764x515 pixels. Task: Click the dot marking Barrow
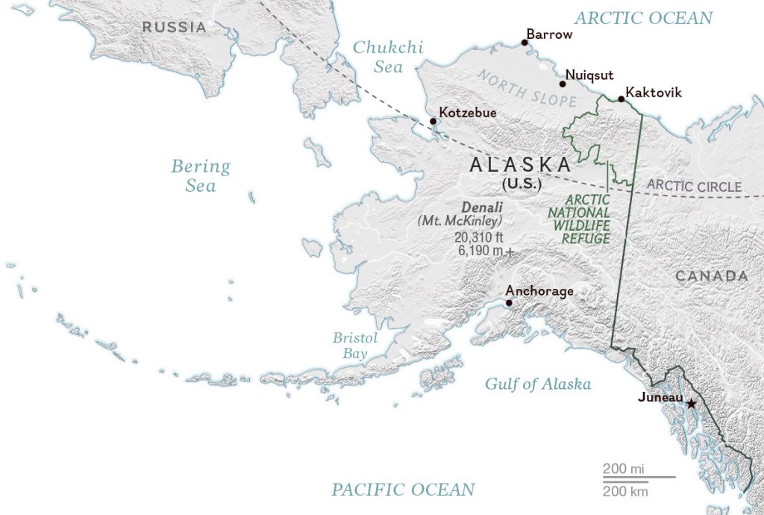click(x=525, y=43)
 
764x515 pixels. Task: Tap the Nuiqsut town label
click(x=590, y=75)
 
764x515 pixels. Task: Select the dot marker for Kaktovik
click(x=621, y=99)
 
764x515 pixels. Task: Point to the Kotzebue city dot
click(x=432, y=122)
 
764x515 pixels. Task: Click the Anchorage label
click(x=539, y=291)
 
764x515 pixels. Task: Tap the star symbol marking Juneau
click(x=691, y=404)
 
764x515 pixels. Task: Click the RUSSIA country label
click(x=175, y=28)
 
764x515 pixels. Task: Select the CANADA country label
click(x=711, y=276)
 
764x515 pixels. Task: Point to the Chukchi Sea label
click(x=388, y=57)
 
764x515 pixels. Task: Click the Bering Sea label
click(x=201, y=175)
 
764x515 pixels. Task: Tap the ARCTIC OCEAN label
click(x=643, y=18)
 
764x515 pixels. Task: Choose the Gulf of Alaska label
click(x=538, y=384)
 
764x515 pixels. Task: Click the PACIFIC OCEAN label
click(x=403, y=490)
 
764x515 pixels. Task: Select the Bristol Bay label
click(x=355, y=346)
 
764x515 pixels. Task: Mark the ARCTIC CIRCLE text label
click(x=694, y=187)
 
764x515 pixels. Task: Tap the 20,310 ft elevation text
click(x=478, y=237)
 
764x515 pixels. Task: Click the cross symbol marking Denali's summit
click(x=510, y=252)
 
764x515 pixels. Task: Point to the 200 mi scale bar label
click(x=624, y=469)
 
